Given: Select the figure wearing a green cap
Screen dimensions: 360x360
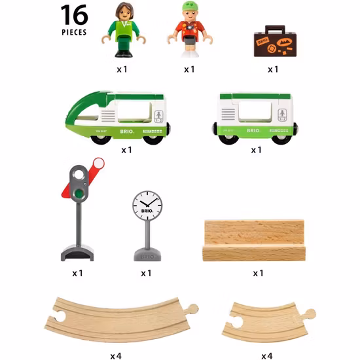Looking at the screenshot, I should (x=190, y=31).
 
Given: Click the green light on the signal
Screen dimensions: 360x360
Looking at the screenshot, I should (x=79, y=194).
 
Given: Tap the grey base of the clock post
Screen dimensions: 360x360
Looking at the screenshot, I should (x=147, y=253).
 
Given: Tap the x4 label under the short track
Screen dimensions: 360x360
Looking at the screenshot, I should (x=266, y=355).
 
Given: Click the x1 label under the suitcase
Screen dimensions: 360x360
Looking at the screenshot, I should (x=272, y=69).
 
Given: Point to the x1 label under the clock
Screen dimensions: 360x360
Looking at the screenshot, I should (x=146, y=272).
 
